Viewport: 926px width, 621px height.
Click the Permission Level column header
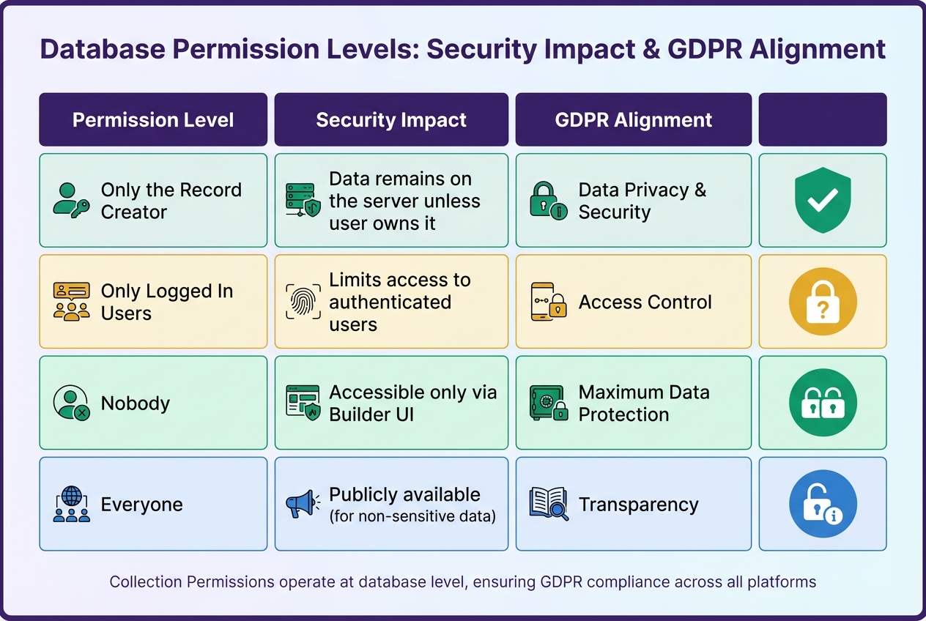click(x=153, y=120)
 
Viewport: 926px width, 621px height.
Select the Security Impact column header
click(x=391, y=120)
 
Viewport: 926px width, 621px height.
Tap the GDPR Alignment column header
click(x=634, y=120)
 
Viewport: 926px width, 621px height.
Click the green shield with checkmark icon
click(x=823, y=200)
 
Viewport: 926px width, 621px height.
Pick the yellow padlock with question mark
click(x=823, y=301)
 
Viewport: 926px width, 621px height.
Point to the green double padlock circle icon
click(x=823, y=403)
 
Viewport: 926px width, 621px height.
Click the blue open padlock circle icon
click(x=823, y=504)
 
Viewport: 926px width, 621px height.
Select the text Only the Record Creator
click(x=171, y=201)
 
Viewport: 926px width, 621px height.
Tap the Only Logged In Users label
click(x=166, y=302)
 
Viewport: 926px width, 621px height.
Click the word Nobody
click(x=136, y=404)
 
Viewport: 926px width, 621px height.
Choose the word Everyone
click(x=142, y=505)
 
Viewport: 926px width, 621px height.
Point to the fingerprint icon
click(x=302, y=302)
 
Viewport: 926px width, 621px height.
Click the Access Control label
click(x=645, y=302)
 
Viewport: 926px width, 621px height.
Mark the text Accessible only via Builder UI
click(x=412, y=403)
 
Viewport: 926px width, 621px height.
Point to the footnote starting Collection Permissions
click(x=462, y=582)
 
